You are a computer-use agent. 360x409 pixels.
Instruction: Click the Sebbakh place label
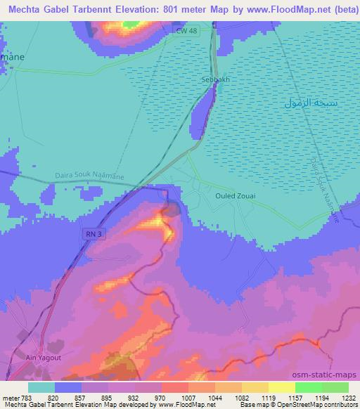coord(216,79)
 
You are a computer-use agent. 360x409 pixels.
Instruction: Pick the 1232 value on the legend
coord(349,397)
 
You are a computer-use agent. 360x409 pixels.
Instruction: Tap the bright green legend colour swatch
coord(308,387)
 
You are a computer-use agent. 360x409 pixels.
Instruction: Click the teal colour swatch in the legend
coord(41,387)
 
